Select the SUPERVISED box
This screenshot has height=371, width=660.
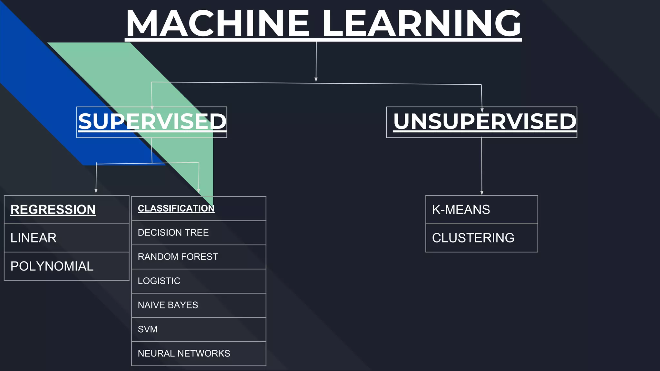(152, 122)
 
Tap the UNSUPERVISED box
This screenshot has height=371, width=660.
(482, 122)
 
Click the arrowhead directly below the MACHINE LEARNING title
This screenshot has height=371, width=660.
(316, 80)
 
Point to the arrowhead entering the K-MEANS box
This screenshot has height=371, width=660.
(482, 193)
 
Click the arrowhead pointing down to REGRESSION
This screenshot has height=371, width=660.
(96, 191)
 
